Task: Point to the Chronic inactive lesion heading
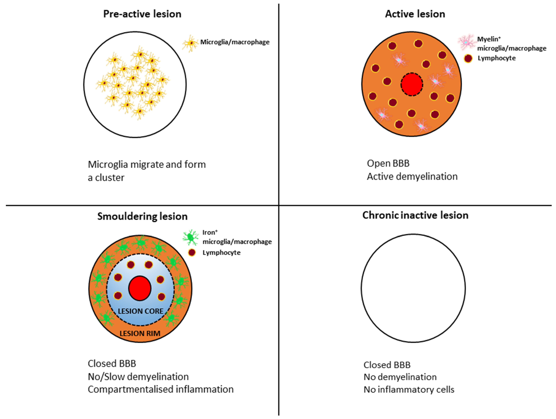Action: click(x=415, y=215)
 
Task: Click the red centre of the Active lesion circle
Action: click(x=412, y=84)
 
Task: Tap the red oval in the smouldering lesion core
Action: click(x=140, y=288)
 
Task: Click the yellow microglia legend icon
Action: click(x=190, y=43)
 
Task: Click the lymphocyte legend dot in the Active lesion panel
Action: click(x=468, y=58)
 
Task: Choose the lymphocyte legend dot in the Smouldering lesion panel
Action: click(x=192, y=253)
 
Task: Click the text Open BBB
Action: click(x=388, y=163)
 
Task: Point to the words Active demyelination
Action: click(x=412, y=177)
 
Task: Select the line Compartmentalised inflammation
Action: click(x=161, y=389)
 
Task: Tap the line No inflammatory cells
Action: click(x=409, y=390)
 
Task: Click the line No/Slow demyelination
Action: click(x=138, y=376)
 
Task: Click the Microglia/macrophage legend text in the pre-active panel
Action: click(x=235, y=42)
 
